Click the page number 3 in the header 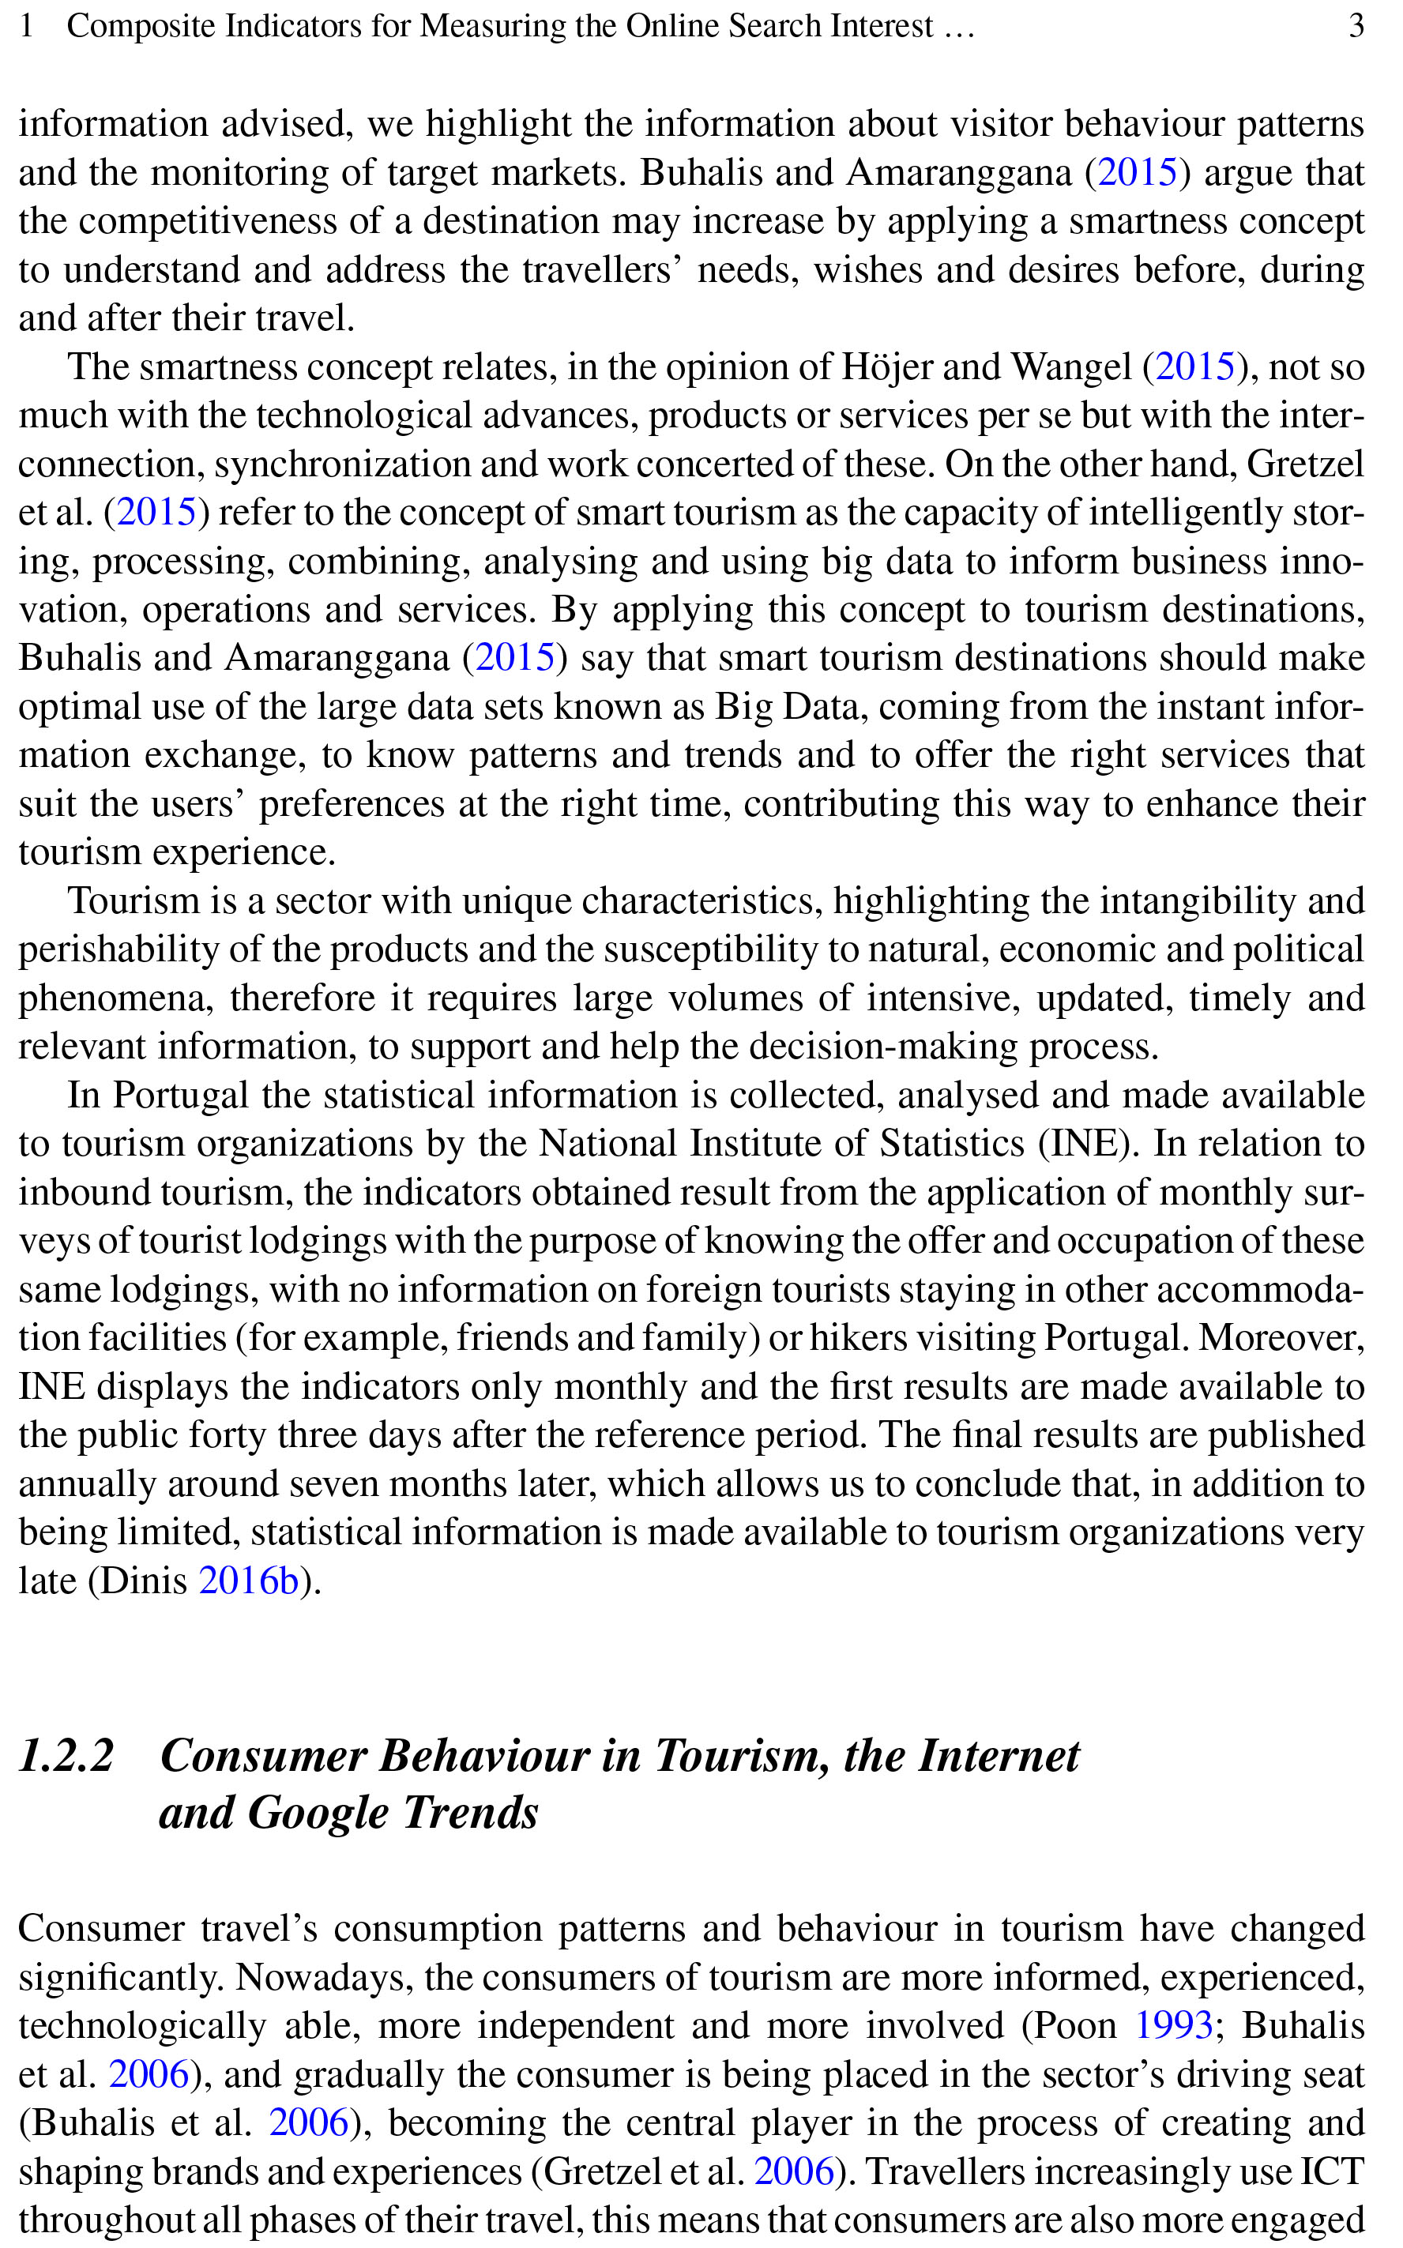(x=1356, y=25)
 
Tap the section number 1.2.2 (x=66, y=1755)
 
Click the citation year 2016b (x=249, y=1580)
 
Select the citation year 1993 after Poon (x=1174, y=2024)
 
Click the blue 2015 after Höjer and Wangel (x=1195, y=367)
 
